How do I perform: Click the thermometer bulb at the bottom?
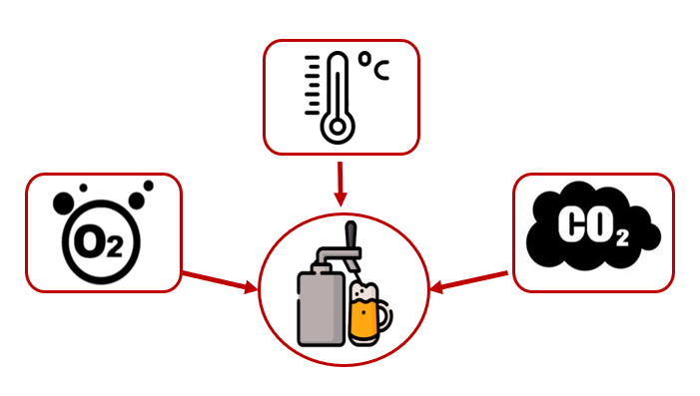[338, 127]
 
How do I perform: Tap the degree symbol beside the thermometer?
[365, 59]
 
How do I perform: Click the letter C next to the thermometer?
[381, 70]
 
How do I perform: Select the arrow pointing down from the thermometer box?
[341, 184]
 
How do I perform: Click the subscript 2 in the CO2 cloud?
[622, 237]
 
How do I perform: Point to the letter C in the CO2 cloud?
[570, 224]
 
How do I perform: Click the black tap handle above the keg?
[351, 235]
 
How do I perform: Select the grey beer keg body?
[321, 309]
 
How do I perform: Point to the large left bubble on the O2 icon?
[63, 203]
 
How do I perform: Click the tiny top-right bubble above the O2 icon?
[148, 186]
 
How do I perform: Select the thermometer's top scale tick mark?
[312, 57]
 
